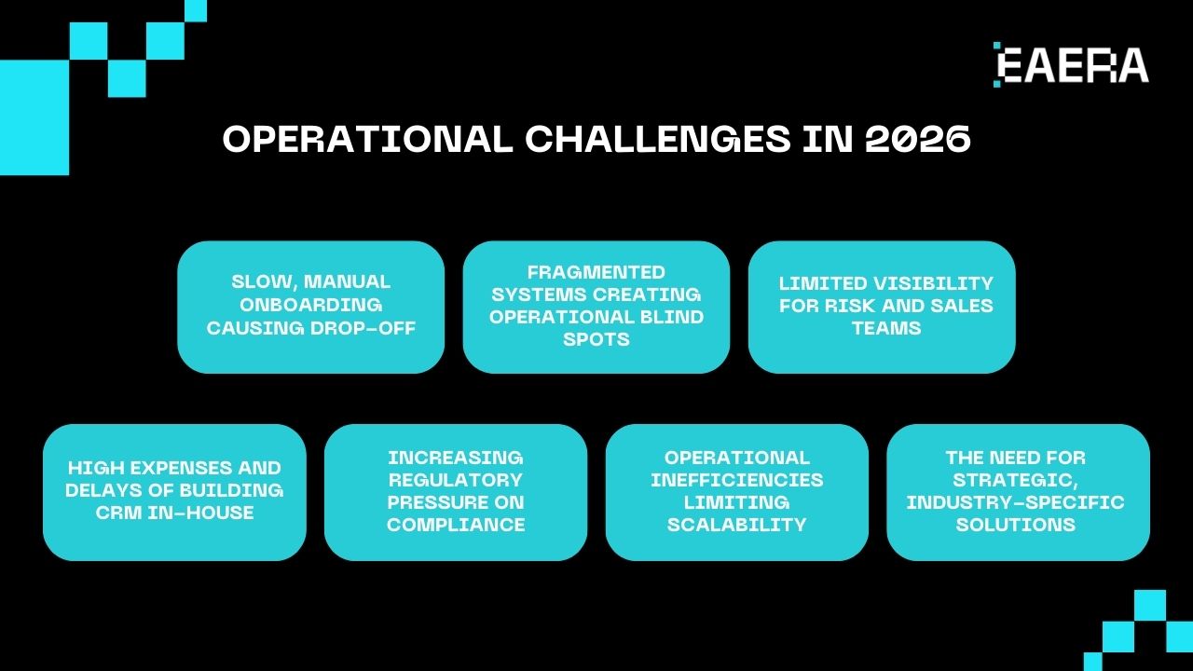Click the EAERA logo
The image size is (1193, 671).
click(1071, 65)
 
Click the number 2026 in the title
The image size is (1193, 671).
click(918, 140)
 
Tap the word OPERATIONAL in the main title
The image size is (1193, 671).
click(367, 140)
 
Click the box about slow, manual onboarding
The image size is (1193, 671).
click(310, 307)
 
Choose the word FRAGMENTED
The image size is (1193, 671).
click(596, 272)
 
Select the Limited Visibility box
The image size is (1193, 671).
click(881, 307)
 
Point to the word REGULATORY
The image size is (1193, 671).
click(455, 480)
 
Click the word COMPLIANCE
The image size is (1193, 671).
click(455, 525)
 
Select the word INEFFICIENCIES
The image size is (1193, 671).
click(736, 480)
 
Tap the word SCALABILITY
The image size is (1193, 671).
click(736, 525)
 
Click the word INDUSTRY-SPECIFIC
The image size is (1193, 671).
click(1015, 502)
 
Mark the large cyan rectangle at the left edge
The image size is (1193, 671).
click(34, 117)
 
